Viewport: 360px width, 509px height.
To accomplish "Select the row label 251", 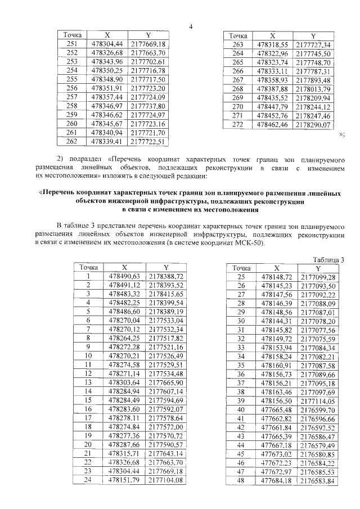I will pos(72,44).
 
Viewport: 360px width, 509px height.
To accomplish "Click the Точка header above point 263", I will pos(238,35).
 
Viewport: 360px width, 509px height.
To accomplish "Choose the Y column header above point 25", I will pos(318,268).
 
